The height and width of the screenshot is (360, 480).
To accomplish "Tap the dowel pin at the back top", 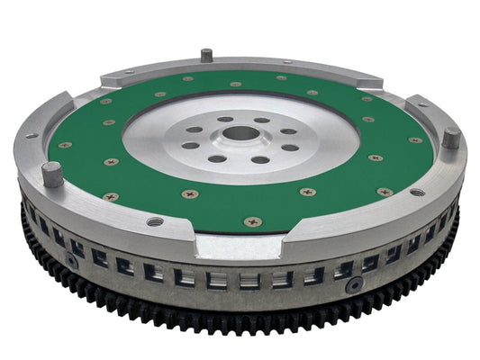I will point(206,55).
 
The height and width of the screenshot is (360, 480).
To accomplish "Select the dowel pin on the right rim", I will point(449,139).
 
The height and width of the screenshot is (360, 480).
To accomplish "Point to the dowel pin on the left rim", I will point(53,172).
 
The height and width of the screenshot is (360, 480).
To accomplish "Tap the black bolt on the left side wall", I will point(71,261).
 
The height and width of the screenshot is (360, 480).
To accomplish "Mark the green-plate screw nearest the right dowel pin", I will point(415,139).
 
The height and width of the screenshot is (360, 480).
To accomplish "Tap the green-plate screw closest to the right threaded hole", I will point(385,191).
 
